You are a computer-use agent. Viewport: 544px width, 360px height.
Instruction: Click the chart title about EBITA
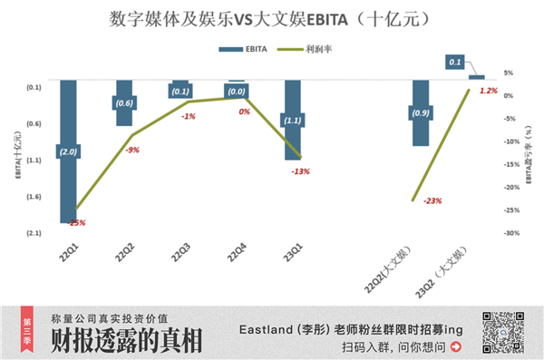point(271,17)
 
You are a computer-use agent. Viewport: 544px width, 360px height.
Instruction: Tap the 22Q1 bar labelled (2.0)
point(68,181)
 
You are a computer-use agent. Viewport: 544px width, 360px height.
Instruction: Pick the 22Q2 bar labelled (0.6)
point(124,113)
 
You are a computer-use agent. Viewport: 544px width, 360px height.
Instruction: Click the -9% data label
point(132,150)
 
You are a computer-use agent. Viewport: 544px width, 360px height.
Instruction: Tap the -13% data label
point(300,170)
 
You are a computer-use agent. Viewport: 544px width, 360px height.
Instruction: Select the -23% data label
point(432,200)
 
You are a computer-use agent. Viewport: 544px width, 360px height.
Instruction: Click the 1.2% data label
point(489,91)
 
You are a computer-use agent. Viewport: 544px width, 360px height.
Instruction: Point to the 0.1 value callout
point(455,62)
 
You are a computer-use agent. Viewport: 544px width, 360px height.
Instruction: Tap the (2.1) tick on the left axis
point(34,233)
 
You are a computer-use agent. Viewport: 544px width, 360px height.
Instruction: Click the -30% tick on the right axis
point(510,233)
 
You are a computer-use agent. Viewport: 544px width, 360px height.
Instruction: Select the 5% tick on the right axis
point(509,73)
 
